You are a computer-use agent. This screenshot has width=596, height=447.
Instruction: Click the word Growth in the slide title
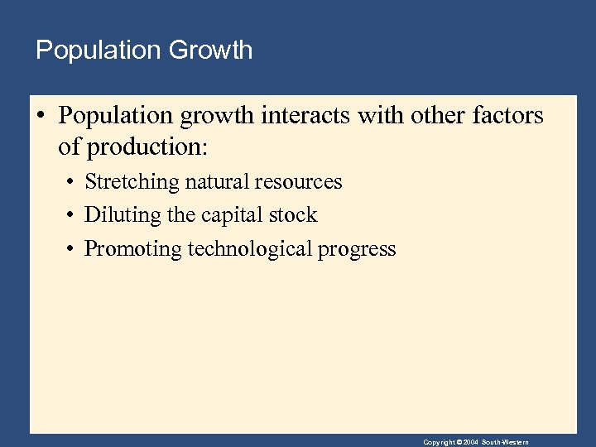point(210,50)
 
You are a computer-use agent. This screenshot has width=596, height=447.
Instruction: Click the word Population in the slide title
point(99,50)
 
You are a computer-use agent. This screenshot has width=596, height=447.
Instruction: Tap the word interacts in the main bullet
point(306,116)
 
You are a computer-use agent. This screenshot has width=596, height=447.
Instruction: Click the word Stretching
point(132,182)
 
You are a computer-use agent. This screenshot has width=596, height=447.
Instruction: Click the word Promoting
point(133,248)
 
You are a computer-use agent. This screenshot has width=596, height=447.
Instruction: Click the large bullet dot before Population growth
point(41,116)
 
